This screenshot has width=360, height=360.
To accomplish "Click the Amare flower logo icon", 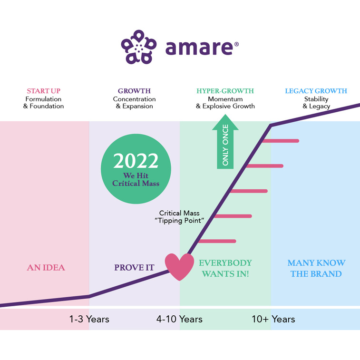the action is click(x=139, y=47).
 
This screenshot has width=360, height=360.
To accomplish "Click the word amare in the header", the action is click(x=199, y=48).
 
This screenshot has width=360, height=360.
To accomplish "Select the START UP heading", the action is click(x=44, y=91).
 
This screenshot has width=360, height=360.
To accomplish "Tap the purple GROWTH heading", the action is click(x=134, y=91).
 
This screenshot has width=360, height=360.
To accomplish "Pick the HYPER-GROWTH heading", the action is click(x=225, y=91).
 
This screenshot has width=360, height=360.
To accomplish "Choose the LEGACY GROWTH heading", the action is click(x=316, y=91).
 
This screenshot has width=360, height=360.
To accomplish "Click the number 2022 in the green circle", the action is click(x=136, y=161).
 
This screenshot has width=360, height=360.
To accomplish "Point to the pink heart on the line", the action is click(x=180, y=267).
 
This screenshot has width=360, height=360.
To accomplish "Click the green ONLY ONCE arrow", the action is click(x=225, y=141).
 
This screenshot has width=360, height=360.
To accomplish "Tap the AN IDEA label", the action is click(x=46, y=267).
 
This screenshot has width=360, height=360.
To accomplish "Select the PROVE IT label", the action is click(x=134, y=267).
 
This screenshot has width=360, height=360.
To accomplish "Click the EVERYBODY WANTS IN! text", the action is click(x=225, y=268).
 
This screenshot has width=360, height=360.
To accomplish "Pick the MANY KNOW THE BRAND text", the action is click(x=316, y=268).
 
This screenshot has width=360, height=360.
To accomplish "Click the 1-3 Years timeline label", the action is click(x=89, y=319).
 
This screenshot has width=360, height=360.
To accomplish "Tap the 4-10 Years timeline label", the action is click(x=180, y=319).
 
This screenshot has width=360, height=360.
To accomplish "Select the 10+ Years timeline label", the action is click(x=273, y=319).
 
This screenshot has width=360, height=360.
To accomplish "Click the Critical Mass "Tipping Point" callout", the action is click(x=180, y=217).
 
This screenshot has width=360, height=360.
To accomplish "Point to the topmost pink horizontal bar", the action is click(x=281, y=141).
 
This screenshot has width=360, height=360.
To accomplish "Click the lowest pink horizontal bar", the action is click(x=217, y=241).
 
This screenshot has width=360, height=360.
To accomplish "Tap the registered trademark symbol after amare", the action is click(x=236, y=44).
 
